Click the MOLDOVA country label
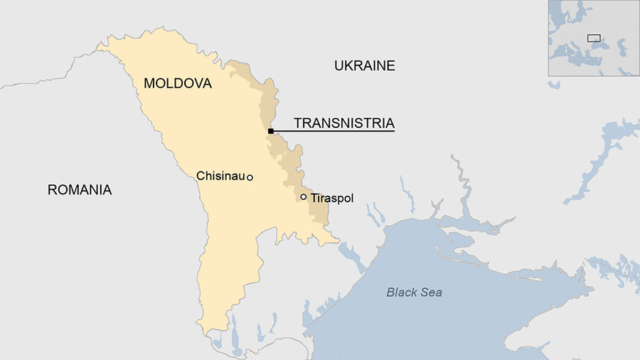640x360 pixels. [178, 84]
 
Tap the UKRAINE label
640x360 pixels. [364, 66]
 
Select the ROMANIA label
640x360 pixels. [80, 190]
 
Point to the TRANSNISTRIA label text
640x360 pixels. [343, 123]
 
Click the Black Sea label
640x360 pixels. [414, 292]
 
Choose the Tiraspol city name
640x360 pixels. [331, 198]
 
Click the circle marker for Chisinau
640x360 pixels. [250, 177]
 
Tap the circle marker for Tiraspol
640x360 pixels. [304, 197]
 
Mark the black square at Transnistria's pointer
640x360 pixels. [271, 131]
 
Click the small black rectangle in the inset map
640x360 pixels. [593, 38]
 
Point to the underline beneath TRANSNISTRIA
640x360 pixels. [334, 132]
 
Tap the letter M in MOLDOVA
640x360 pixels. [149, 84]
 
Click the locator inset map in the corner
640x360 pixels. [593, 38]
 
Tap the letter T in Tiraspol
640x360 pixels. [314, 198]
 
